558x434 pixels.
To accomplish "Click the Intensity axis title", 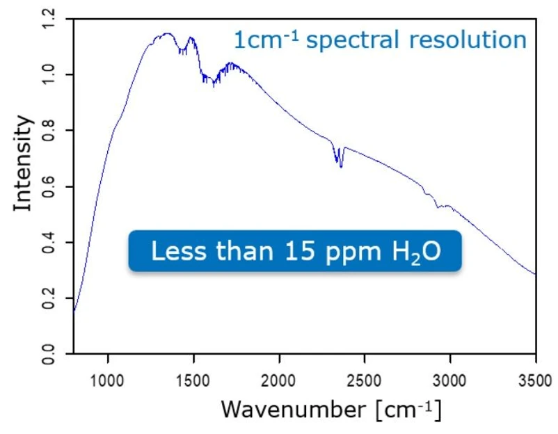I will [x=24, y=164].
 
